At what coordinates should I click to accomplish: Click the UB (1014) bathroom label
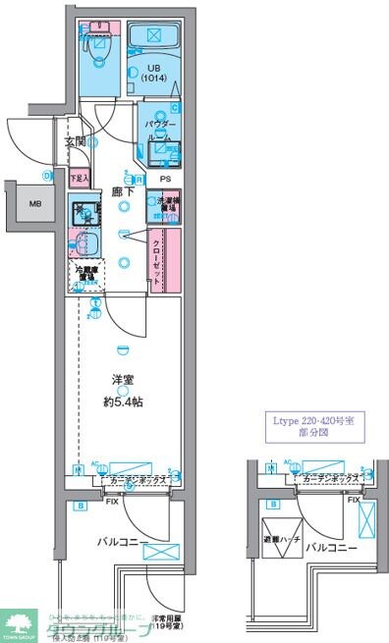click(x=151, y=72)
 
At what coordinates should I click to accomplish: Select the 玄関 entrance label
click(x=77, y=142)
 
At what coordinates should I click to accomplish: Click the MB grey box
click(x=35, y=204)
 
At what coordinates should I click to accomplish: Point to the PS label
click(x=165, y=180)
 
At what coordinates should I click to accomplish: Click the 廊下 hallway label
click(x=122, y=194)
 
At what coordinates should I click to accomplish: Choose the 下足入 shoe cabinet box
click(x=80, y=179)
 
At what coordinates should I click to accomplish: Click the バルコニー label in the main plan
click(x=123, y=541)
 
